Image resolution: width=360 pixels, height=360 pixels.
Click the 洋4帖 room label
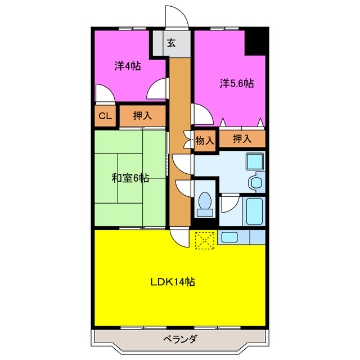pos(128,66)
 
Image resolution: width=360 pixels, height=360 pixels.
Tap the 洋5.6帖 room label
pos(236,84)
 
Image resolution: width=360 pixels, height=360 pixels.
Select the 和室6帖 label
pos(130,178)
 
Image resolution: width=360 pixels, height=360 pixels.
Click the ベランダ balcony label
pos(180,339)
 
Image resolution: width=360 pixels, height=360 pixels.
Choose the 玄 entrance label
pos(171,42)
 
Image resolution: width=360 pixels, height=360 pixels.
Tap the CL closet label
pos(104,116)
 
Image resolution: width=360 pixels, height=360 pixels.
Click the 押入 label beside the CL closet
pos(142,116)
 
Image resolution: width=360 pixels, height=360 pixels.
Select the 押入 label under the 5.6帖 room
pos(242,138)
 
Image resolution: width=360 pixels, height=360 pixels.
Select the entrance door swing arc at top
pos(175,16)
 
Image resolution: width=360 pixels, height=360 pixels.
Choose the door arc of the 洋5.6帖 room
pos(203,114)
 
